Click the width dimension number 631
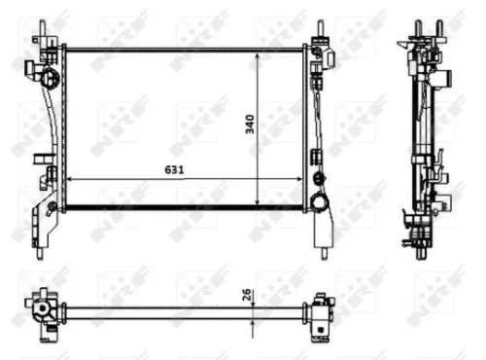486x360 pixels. click(x=175, y=167)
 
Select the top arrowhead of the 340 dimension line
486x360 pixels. click(x=257, y=56)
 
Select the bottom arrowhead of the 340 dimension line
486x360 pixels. click(x=257, y=201)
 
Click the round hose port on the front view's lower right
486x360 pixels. click(x=318, y=202)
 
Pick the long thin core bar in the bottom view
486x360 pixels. click(x=175, y=311)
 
